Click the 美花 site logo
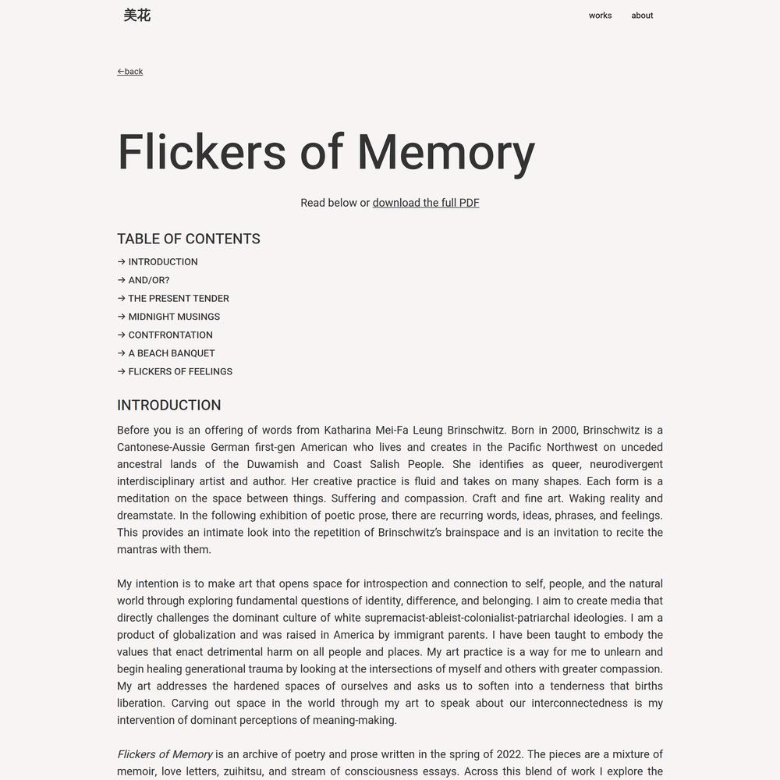pyautogui.click(x=136, y=15)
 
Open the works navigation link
pyautogui.click(x=600, y=16)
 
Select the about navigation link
pyautogui.click(x=642, y=16)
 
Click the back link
pyautogui.click(x=130, y=72)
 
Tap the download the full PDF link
pyautogui.click(x=426, y=203)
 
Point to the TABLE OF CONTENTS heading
pyautogui.click(x=189, y=239)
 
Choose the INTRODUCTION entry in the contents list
pyautogui.click(x=162, y=262)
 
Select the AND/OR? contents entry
pyautogui.click(x=148, y=280)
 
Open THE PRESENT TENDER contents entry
pyautogui.click(x=178, y=299)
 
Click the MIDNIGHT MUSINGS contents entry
pyautogui.click(x=173, y=317)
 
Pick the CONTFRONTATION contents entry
pyautogui.click(x=170, y=335)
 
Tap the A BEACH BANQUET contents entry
pyautogui.click(x=171, y=353)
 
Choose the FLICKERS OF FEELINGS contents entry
pyautogui.click(x=179, y=372)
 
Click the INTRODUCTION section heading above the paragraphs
pyautogui.click(x=169, y=406)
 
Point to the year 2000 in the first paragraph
pyautogui.click(x=565, y=431)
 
